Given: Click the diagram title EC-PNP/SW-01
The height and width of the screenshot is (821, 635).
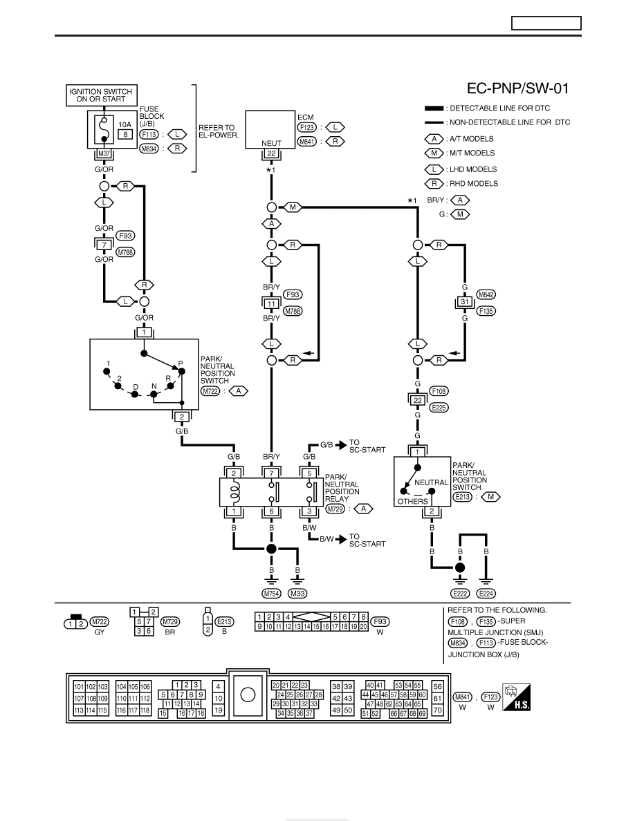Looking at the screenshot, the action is pos(517,88).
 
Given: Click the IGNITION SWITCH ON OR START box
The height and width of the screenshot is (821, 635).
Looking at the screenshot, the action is pos(101,95).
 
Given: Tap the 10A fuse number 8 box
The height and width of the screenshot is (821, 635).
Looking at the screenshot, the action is pos(125,135).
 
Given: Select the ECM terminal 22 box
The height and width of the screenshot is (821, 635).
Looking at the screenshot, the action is pos(271,153).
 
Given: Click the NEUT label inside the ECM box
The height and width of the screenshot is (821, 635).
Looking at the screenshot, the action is pos(271,143).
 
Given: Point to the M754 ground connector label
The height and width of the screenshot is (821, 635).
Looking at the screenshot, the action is pos(271,593).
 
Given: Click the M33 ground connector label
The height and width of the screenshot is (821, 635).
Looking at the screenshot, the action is pos(297,593).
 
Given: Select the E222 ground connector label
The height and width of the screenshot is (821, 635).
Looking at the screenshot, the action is pos(460,593).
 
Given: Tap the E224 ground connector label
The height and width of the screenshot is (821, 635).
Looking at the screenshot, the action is pos(486,593).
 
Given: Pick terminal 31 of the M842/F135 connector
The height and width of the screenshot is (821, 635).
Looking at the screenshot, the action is pos(465,302).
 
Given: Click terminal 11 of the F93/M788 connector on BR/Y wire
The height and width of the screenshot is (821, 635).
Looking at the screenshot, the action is pos(271,303).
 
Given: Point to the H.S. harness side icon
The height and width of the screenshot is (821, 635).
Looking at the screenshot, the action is pos(516,697).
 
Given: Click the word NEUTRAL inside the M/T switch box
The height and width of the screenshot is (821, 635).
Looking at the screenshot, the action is pos(431,482).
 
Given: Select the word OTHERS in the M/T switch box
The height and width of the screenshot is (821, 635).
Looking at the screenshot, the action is pos(412,501).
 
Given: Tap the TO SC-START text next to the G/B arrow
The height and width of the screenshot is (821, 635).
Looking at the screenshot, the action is pos(367,446).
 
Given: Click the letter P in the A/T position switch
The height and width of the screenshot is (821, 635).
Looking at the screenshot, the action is pos(181,364).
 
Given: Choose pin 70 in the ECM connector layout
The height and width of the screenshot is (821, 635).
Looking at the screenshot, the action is pos(437,710).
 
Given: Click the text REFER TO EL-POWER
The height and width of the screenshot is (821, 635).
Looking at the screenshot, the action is pos(219,131).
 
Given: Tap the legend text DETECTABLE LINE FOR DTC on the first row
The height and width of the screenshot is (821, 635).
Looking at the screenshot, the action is pos(500,108).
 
